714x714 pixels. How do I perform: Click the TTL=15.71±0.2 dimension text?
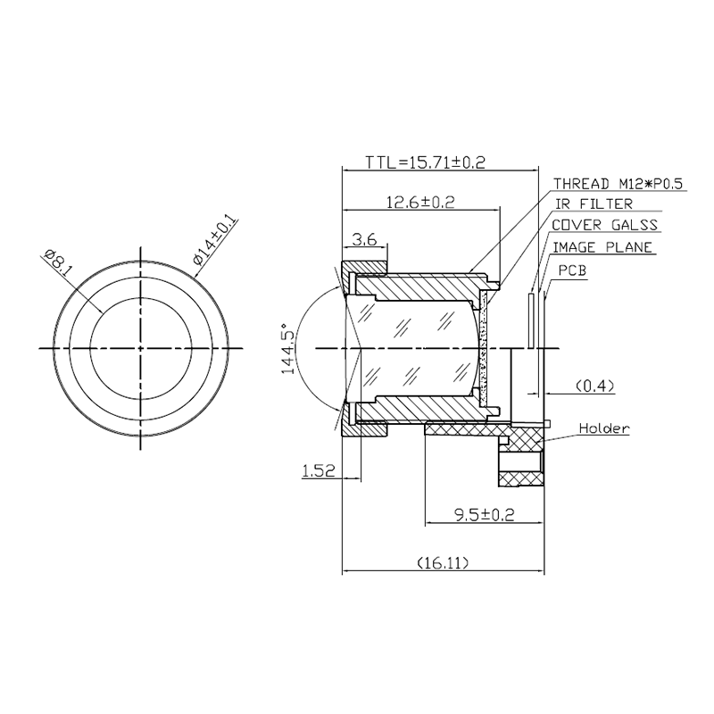coord(426,162)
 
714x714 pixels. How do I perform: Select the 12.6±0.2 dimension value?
coord(420,202)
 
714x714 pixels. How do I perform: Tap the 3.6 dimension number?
coord(365,239)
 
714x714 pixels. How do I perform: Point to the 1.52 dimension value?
coord(319,470)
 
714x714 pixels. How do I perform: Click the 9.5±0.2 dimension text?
coord(484,515)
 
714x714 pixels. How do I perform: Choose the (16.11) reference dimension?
coord(443,563)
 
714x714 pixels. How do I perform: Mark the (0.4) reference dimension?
coord(595,386)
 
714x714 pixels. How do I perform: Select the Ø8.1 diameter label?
coord(57,263)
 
